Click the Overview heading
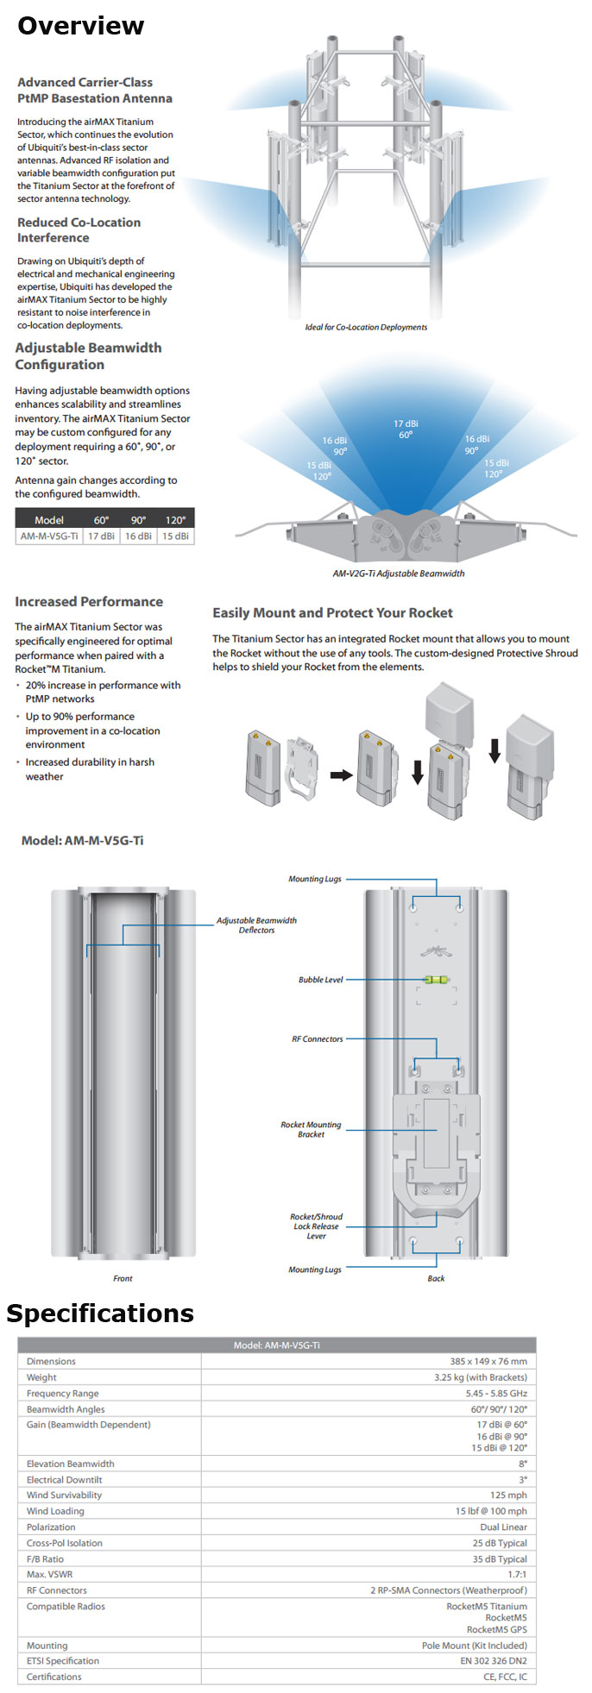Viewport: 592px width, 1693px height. tap(80, 26)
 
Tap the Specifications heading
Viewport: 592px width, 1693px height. tap(100, 1314)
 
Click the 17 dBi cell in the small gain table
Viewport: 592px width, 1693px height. tap(101, 536)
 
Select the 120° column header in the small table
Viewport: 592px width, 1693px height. tap(175, 520)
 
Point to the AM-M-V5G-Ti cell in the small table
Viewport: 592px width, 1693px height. tap(49, 536)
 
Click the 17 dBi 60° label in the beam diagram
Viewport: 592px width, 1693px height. tap(406, 430)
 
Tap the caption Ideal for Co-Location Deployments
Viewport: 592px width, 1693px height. tap(366, 327)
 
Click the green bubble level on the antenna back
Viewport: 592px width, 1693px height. tap(436, 980)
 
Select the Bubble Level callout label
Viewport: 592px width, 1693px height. tap(320, 980)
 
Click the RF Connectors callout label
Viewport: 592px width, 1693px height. tap(317, 1039)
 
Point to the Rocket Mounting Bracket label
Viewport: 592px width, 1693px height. tap(311, 1130)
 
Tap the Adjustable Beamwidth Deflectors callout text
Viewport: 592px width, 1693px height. tap(256, 925)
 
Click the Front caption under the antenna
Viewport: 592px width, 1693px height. tap(123, 1278)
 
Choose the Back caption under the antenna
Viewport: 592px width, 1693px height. tap(436, 1278)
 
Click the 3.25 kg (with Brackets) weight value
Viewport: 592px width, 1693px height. tap(480, 1377)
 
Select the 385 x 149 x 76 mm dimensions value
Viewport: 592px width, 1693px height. tap(488, 1362)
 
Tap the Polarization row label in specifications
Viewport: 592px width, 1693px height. tap(52, 1527)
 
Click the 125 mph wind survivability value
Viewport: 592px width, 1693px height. tap(508, 1495)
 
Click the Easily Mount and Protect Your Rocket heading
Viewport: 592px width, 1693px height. tap(332, 613)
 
